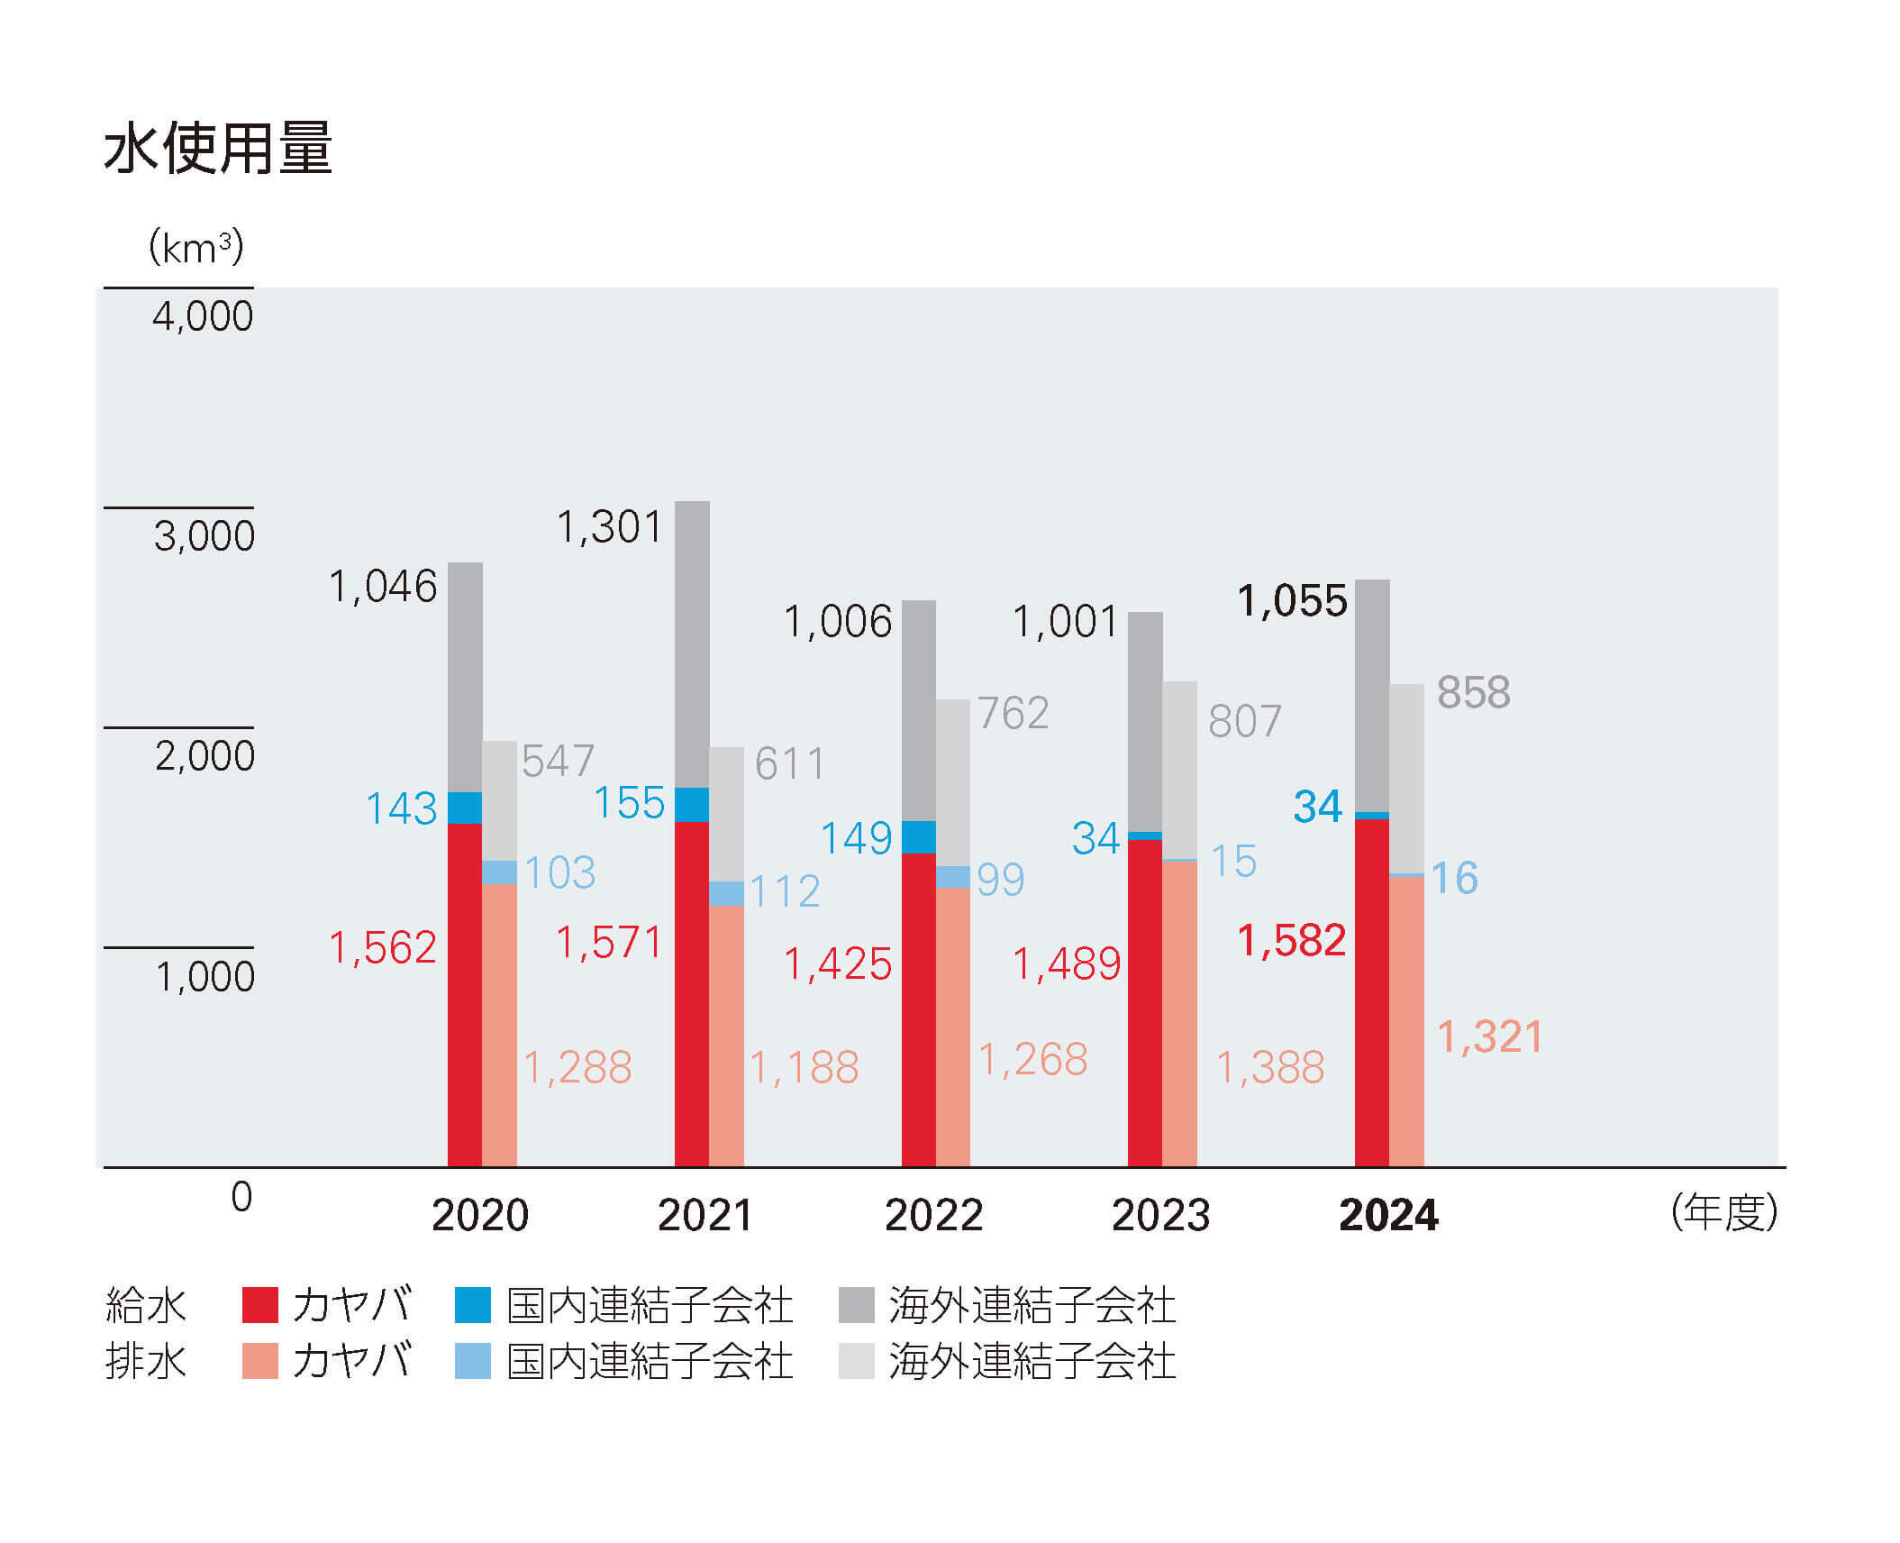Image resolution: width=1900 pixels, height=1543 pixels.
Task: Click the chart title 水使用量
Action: [x=218, y=149]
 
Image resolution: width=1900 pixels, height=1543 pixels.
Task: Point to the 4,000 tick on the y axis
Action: [x=203, y=316]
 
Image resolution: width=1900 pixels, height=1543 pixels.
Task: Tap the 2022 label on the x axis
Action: [x=933, y=1215]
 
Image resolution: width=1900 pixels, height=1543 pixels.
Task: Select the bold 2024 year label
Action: [x=1388, y=1215]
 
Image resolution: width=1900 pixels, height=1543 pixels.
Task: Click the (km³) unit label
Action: [x=195, y=247]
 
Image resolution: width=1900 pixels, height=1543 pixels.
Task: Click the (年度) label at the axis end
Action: [x=1723, y=1212]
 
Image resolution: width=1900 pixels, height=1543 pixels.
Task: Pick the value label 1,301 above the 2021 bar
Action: [x=610, y=527]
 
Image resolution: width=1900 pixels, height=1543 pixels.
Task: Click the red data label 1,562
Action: [x=383, y=948]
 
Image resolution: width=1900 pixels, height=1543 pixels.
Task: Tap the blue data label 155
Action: [x=630, y=803]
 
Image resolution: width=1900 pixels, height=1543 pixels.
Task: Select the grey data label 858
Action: [x=1473, y=693]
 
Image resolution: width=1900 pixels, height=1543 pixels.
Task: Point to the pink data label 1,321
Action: [x=1489, y=1036]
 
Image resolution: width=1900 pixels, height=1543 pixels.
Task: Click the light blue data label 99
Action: [x=1000, y=880]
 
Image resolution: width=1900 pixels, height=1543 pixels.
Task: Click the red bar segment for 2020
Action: [x=465, y=994]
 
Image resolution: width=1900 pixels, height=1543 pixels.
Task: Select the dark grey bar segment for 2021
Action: [x=692, y=644]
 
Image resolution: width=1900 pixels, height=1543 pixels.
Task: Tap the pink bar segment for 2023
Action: [x=1179, y=1014]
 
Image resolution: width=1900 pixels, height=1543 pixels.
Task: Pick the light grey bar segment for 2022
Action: [x=953, y=782]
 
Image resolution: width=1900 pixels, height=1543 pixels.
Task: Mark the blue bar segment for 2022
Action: [x=918, y=837]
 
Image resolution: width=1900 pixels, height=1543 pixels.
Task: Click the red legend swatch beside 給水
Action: [x=260, y=1305]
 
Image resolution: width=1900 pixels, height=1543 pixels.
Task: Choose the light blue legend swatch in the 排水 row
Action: [x=473, y=1361]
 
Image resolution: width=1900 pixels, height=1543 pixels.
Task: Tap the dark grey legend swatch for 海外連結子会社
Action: [x=856, y=1305]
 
